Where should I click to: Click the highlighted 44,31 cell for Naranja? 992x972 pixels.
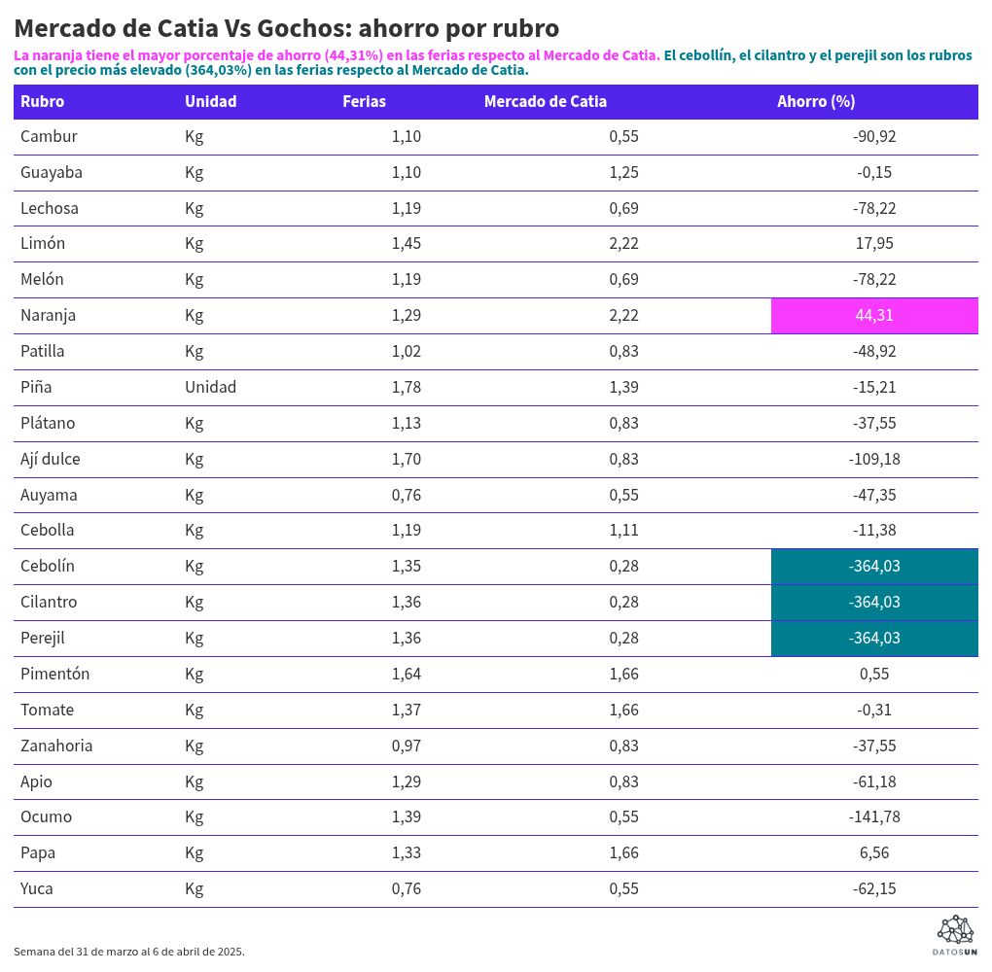click(873, 315)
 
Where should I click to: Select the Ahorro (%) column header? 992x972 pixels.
click(815, 101)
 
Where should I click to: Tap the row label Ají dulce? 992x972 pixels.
click(51, 459)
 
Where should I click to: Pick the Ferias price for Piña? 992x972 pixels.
click(406, 387)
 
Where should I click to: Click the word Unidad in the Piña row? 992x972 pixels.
click(210, 387)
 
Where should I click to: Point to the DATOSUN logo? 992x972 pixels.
click(954, 935)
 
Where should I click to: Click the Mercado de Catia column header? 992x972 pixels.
click(545, 101)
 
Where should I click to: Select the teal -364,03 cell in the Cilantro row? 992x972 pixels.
click(873, 602)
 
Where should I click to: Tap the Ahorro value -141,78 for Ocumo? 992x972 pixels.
click(873, 816)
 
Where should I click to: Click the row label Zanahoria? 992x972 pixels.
click(56, 746)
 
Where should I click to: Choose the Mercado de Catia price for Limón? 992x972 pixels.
click(623, 243)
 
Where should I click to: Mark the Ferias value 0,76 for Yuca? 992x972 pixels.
click(406, 888)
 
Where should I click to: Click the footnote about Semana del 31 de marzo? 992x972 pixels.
click(129, 952)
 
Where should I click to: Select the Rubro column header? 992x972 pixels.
click(42, 101)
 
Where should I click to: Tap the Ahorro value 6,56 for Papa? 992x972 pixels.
click(873, 852)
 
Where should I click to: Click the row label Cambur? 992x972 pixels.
click(49, 136)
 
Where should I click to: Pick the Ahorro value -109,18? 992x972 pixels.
click(873, 459)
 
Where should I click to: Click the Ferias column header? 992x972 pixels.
click(364, 101)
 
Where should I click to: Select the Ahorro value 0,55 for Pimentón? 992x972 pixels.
click(873, 674)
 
